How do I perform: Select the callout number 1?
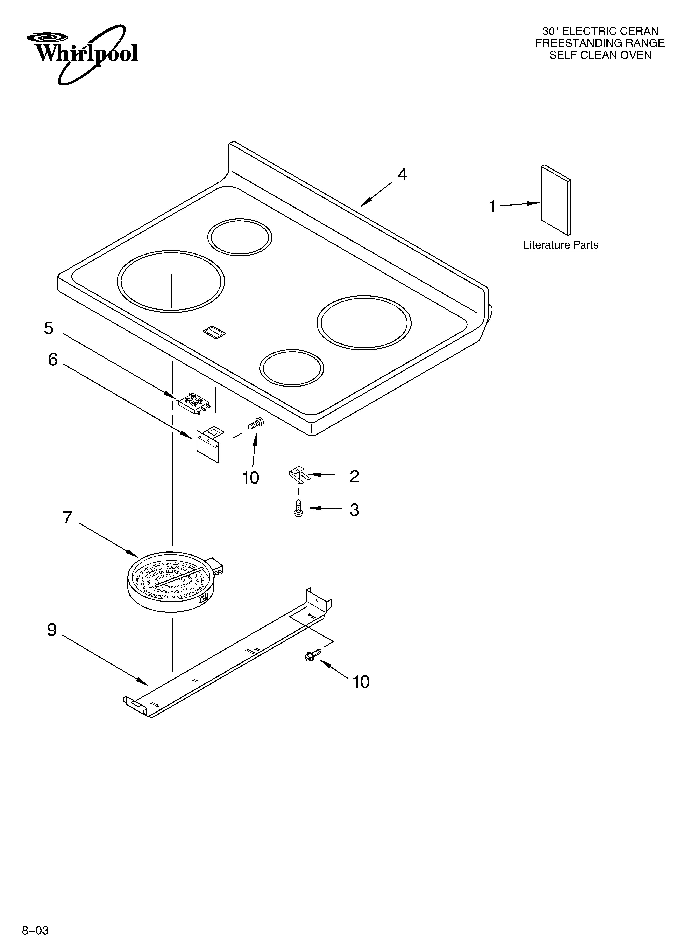493,207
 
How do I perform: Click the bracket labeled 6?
208,445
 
